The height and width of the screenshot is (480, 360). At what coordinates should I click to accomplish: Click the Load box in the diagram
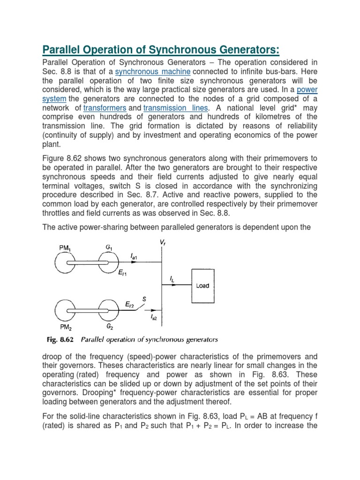click(203, 285)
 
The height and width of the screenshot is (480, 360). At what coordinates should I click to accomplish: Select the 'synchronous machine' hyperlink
click(153, 72)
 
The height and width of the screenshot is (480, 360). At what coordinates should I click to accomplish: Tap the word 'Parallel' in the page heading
click(64, 50)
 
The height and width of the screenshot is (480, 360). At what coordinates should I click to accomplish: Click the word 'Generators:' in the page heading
click(253, 50)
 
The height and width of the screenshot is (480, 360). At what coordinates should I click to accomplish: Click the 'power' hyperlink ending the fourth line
click(307, 90)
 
